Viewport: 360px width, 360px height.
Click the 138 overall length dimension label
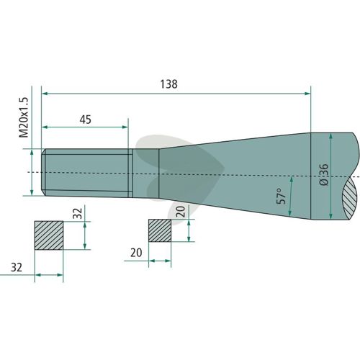click(x=168, y=84)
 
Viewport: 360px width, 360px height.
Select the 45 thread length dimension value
click(x=86, y=120)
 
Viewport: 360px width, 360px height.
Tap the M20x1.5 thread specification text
click(x=24, y=117)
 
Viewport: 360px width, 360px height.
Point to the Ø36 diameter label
click(x=324, y=174)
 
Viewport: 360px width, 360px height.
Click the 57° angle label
click(x=282, y=196)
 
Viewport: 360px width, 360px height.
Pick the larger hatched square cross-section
click(x=49, y=235)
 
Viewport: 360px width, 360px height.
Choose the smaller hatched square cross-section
click(x=160, y=230)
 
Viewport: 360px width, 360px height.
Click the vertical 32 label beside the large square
click(x=78, y=213)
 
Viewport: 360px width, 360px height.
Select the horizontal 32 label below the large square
click(x=17, y=267)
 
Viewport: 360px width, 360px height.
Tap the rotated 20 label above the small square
click(x=181, y=212)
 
